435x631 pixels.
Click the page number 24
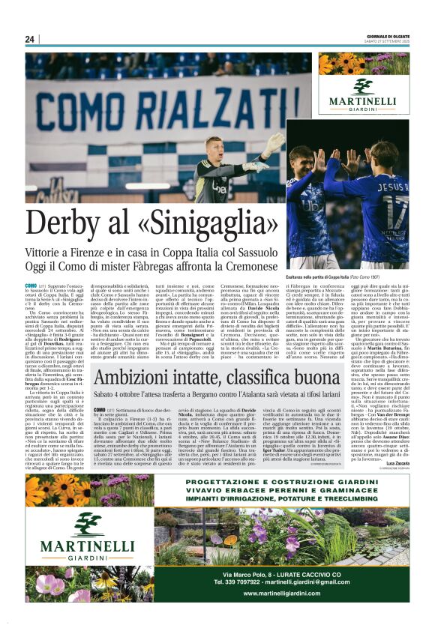(x=30, y=39)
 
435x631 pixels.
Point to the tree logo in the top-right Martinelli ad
(x=363, y=86)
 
